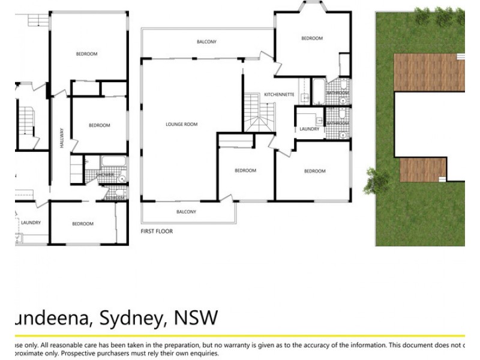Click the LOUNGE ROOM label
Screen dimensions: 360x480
coord(182,124)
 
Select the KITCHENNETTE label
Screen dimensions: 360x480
coord(279,95)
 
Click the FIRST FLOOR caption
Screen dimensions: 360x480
coord(157,231)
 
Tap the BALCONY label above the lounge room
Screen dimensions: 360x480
coord(206,42)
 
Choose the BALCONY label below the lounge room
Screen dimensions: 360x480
coord(186,212)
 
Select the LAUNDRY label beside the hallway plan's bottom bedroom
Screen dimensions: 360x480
coord(31,223)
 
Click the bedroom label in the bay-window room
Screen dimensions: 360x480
coord(311,38)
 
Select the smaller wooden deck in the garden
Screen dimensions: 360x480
coord(422,170)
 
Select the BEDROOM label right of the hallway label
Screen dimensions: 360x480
coord(100,125)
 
